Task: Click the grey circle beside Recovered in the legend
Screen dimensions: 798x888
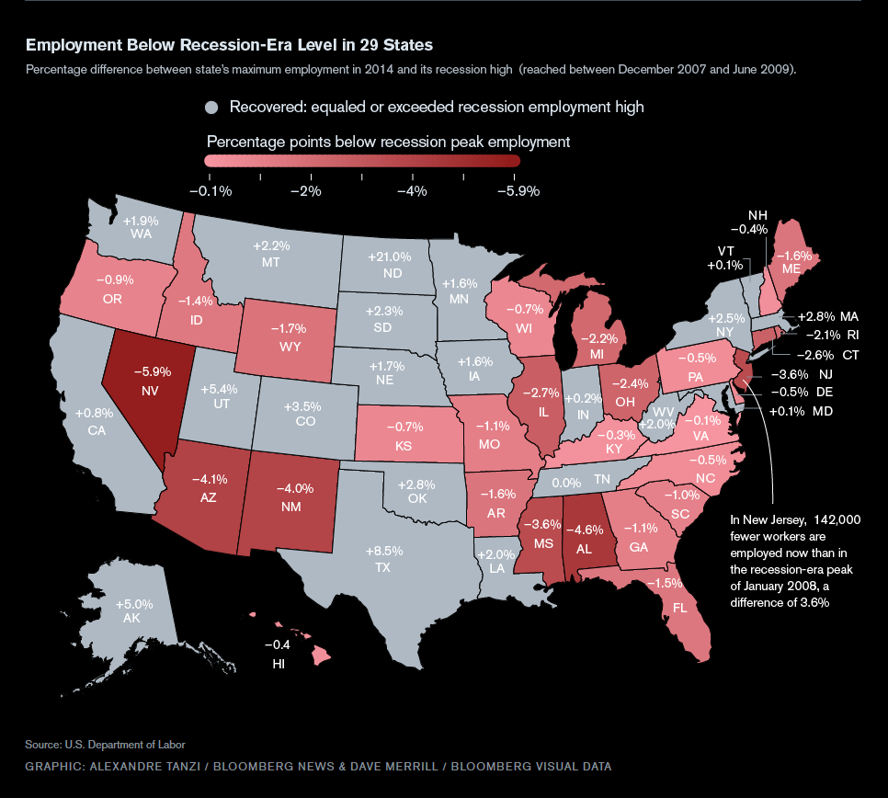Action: tap(212, 108)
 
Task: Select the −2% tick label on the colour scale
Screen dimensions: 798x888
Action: tap(305, 191)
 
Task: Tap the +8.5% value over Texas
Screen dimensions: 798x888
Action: tap(383, 552)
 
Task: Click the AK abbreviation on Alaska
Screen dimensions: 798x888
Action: tap(134, 621)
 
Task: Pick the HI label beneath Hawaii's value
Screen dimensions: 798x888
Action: tap(278, 662)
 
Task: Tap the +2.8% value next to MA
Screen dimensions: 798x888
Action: tap(814, 315)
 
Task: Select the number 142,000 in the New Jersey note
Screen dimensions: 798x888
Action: tap(833, 519)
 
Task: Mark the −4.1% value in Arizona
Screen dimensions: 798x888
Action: tap(209, 478)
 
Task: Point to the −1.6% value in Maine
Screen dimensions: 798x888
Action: tap(795, 256)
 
